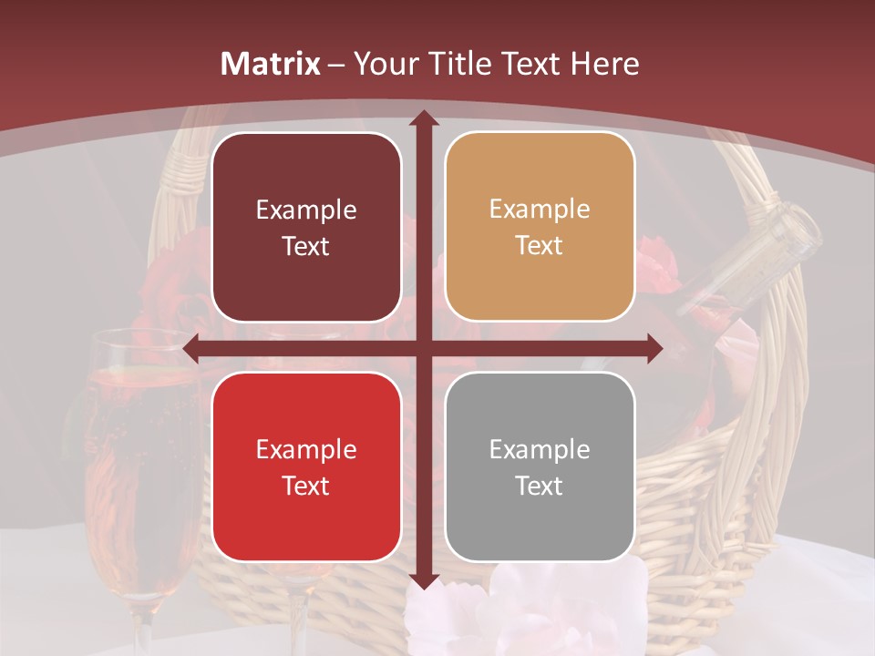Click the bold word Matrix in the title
(x=271, y=64)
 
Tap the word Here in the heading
(x=604, y=64)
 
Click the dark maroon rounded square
(x=306, y=227)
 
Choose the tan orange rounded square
(x=540, y=227)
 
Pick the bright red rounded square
(x=306, y=466)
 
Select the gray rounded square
(x=540, y=466)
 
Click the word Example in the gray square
(x=540, y=449)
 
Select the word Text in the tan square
(x=540, y=245)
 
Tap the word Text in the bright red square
(x=306, y=486)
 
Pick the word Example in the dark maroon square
(x=306, y=210)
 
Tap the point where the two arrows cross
(x=423, y=348)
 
